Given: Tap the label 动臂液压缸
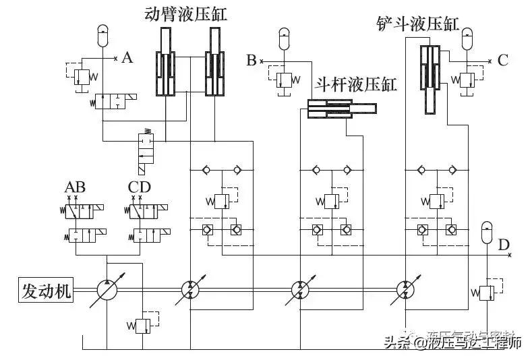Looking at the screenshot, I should pyautogui.click(x=185, y=13).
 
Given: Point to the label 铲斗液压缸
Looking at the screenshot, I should pyautogui.click(x=418, y=26).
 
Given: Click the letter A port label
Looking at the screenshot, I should pyautogui.click(x=127, y=58).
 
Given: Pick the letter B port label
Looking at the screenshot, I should pyautogui.click(x=252, y=61).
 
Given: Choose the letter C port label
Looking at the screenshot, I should pyautogui.click(x=502, y=60).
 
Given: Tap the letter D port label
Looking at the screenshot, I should pyautogui.click(x=503, y=245).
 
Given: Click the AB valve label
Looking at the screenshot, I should pyautogui.click(x=75, y=187).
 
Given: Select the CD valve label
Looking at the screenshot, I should pyautogui.click(x=140, y=187).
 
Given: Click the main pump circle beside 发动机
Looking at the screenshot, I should pyautogui.click(x=107, y=291).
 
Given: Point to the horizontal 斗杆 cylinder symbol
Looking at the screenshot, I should pyautogui.click(x=341, y=109).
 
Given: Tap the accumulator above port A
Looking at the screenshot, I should pyautogui.click(x=102, y=35).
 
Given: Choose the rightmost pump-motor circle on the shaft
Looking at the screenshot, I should pyautogui.click(x=406, y=291).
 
